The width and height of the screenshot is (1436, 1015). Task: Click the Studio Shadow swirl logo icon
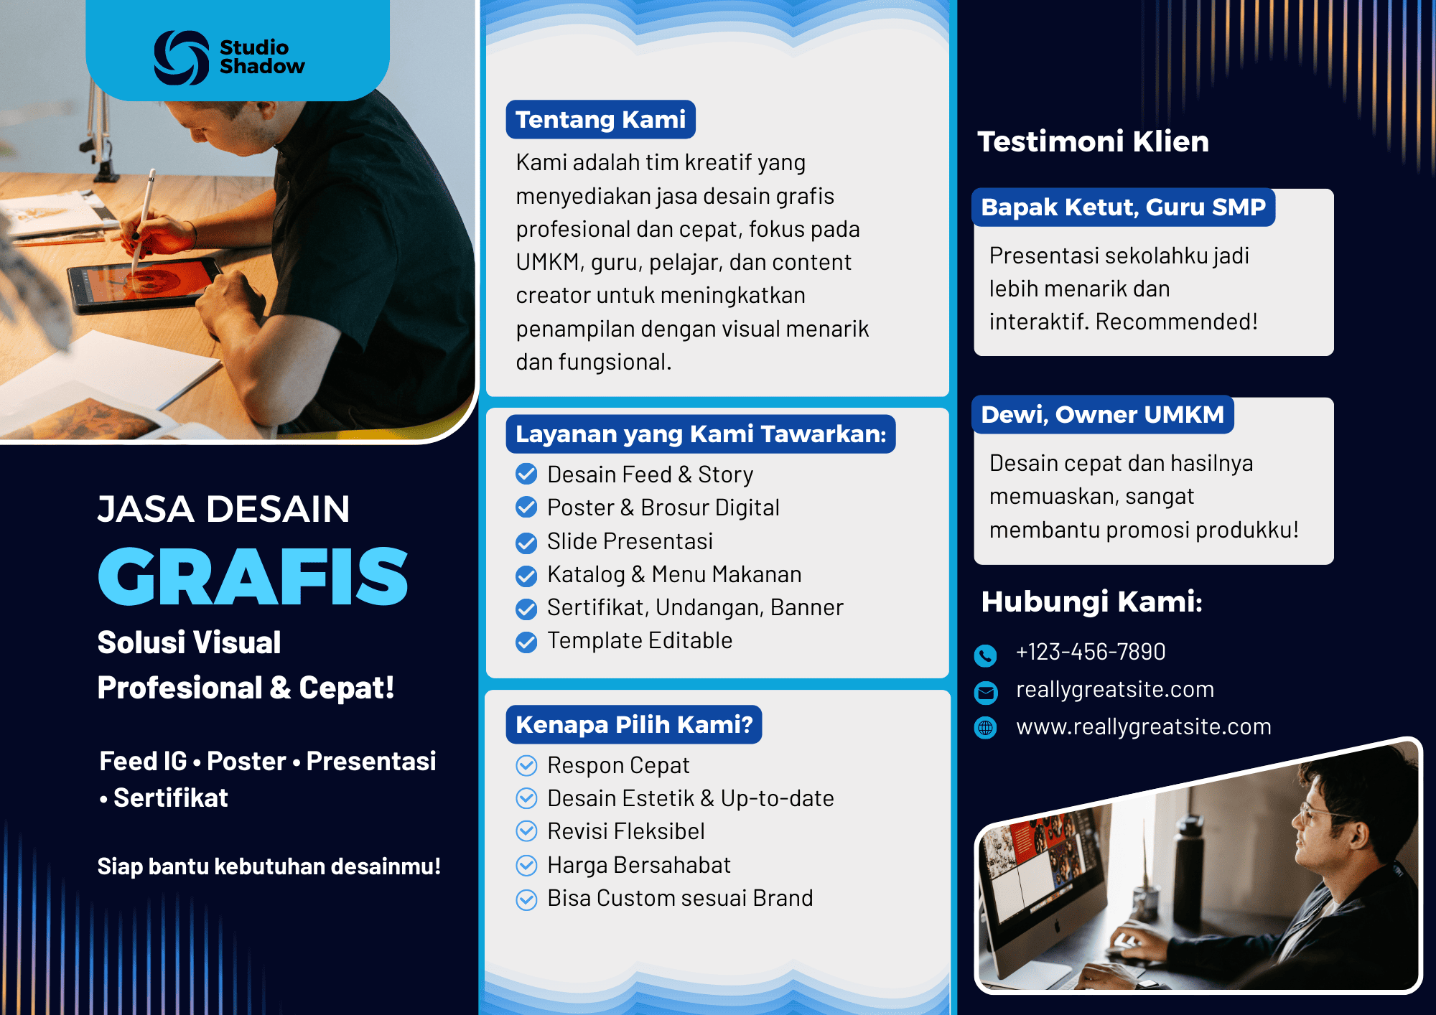(182, 57)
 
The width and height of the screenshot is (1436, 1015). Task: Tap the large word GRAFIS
(253, 576)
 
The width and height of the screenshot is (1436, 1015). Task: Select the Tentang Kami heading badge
(600, 119)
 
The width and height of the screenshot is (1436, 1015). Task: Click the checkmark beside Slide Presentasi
(526, 543)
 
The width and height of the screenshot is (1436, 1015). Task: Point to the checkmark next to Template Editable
(526, 642)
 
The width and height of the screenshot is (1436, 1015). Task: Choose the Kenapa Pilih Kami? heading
(634, 724)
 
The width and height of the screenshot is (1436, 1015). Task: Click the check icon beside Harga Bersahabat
(526, 866)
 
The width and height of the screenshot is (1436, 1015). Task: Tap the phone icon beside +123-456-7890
(985, 655)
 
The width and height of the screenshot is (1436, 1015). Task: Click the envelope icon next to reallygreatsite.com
(985, 692)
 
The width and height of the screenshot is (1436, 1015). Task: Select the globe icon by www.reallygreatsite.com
(985, 728)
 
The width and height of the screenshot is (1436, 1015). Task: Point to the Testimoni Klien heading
(1093, 141)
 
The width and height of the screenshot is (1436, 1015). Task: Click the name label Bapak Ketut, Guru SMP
(1123, 207)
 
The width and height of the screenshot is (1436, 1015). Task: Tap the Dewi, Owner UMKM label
(1102, 415)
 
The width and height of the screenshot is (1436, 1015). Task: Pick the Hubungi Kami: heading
(1091, 602)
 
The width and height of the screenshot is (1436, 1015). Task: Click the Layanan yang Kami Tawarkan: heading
(701, 434)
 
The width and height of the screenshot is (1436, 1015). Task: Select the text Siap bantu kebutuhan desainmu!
(269, 866)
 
